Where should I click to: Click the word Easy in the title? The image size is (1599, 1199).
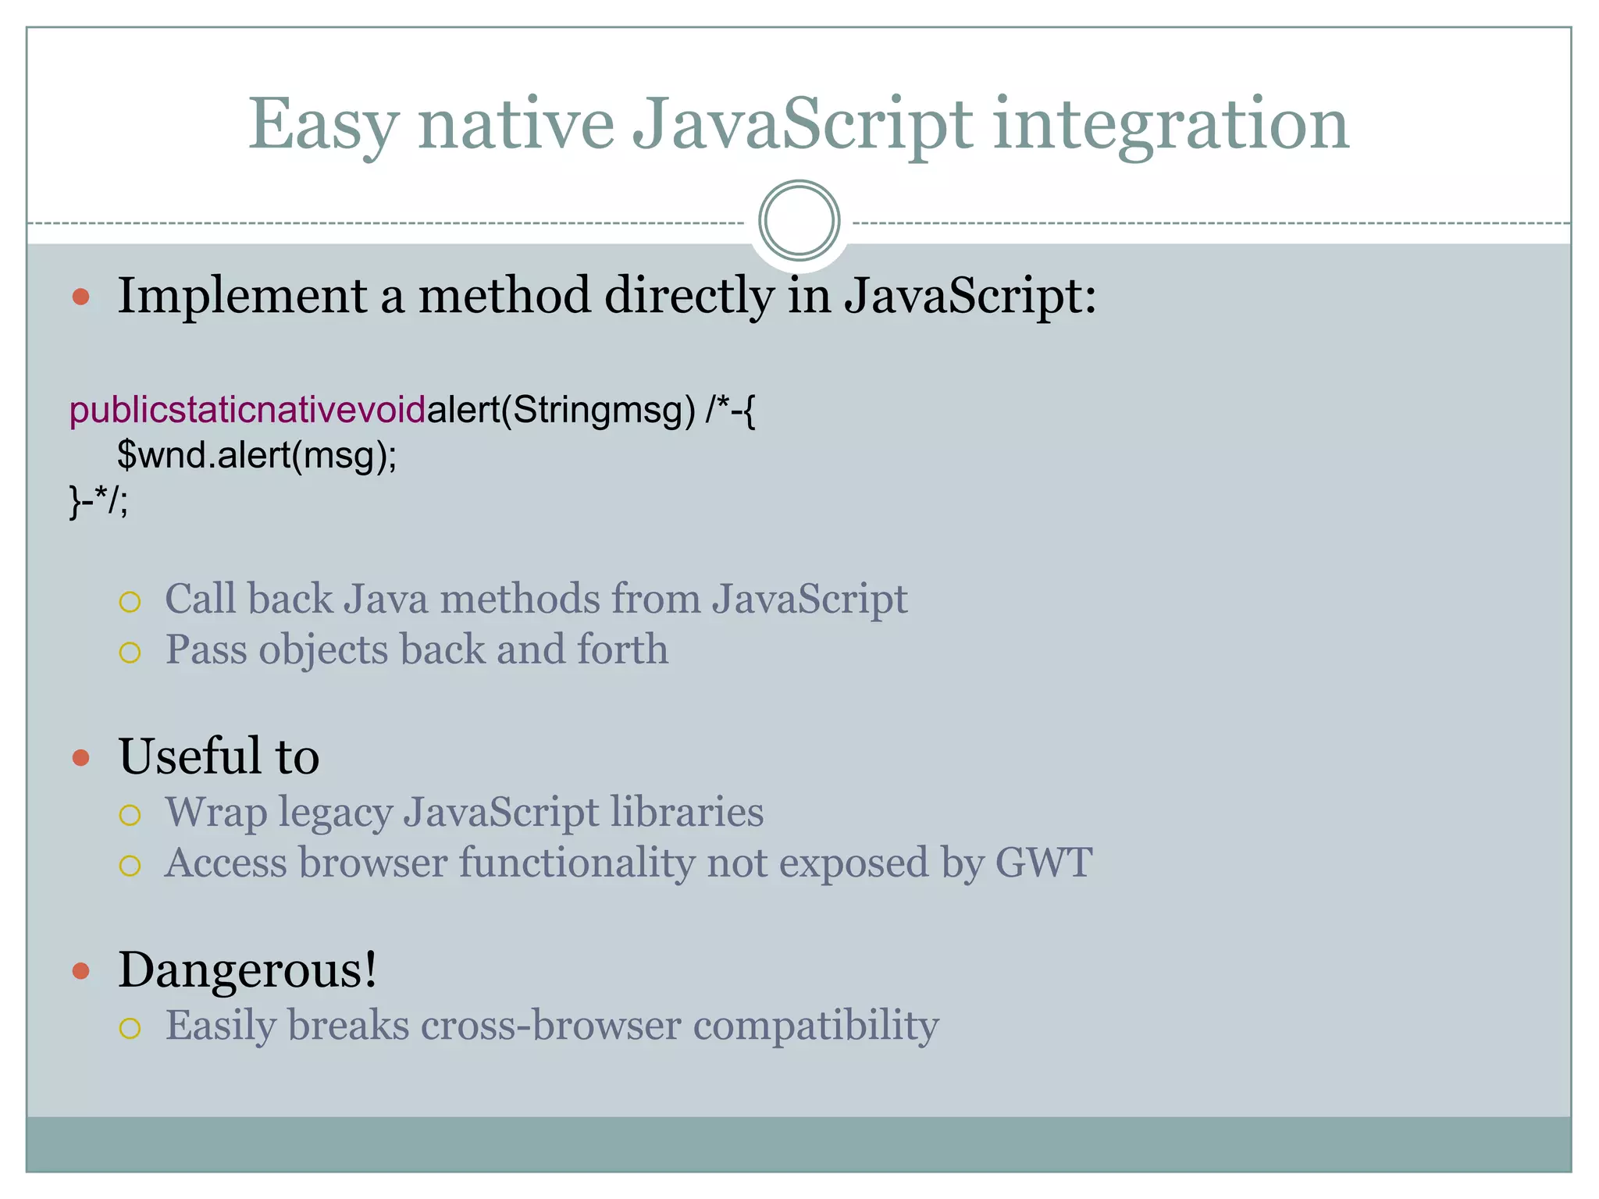click(323, 125)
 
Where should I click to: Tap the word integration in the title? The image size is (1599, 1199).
click(1170, 125)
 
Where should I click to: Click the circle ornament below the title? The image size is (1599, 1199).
click(799, 221)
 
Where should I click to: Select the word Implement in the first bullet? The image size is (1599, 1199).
click(242, 297)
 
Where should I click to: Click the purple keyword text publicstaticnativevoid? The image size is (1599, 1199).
click(248, 410)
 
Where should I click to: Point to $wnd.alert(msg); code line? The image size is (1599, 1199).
click(257, 454)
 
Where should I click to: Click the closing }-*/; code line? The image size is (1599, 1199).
click(98, 500)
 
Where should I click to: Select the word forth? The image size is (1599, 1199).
click(622, 649)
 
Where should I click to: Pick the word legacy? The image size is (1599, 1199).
click(335, 812)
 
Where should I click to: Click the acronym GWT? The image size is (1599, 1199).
click(1043, 863)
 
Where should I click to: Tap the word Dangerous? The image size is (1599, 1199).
click(248, 970)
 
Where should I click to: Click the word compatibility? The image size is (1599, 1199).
click(816, 1025)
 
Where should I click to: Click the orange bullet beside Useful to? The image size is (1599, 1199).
click(81, 757)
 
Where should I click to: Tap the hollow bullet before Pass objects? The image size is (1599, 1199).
click(130, 652)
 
